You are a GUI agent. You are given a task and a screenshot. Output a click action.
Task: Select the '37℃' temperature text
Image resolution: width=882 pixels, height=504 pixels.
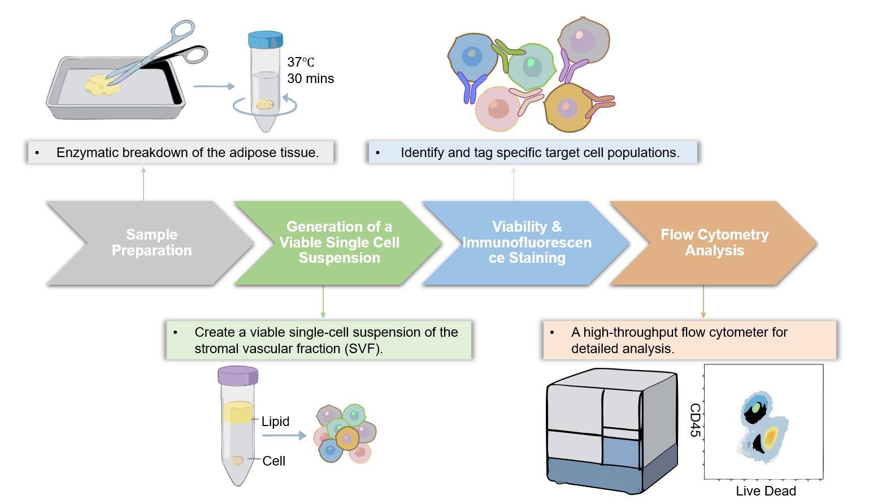301,62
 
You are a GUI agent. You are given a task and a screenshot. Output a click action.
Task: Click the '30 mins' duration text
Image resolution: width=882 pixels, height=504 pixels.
310,79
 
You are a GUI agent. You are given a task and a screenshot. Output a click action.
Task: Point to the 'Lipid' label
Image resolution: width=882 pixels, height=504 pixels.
275,422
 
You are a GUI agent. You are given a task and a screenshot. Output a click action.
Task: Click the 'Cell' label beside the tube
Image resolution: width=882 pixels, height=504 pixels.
273,461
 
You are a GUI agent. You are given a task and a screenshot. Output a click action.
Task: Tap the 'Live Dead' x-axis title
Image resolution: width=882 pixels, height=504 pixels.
766,490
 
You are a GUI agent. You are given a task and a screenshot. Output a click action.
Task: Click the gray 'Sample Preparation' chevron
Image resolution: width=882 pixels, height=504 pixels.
151,242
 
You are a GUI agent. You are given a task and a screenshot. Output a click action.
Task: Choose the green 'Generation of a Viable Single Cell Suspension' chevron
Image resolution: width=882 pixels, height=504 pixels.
339,242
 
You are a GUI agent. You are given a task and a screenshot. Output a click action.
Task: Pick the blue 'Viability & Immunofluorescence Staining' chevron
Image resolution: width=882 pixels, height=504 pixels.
527,242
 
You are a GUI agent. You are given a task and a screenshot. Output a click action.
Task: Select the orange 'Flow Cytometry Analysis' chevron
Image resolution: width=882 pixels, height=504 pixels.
714,242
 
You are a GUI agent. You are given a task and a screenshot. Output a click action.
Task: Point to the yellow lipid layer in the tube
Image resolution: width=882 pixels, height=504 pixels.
237,413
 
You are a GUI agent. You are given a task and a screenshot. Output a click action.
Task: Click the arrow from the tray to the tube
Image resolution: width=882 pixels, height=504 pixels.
214,86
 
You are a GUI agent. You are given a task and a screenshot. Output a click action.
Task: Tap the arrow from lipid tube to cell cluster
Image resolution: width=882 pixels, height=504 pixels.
284,436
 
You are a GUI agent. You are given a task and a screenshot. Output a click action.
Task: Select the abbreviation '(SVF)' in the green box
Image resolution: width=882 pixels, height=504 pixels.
363,349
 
